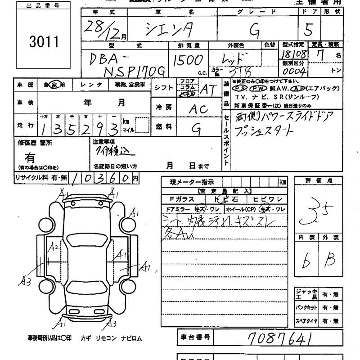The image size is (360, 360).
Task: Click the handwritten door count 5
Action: click(x=308, y=30)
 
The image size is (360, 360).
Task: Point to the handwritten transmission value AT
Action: click(x=207, y=90)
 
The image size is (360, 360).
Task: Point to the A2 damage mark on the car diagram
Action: click(x=54, y=247)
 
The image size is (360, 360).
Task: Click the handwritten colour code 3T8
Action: click(x=241, y=72)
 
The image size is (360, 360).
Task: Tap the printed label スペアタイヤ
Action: click(x=306, y=322)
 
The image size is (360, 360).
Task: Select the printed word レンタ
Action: click(x=91, y=84)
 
